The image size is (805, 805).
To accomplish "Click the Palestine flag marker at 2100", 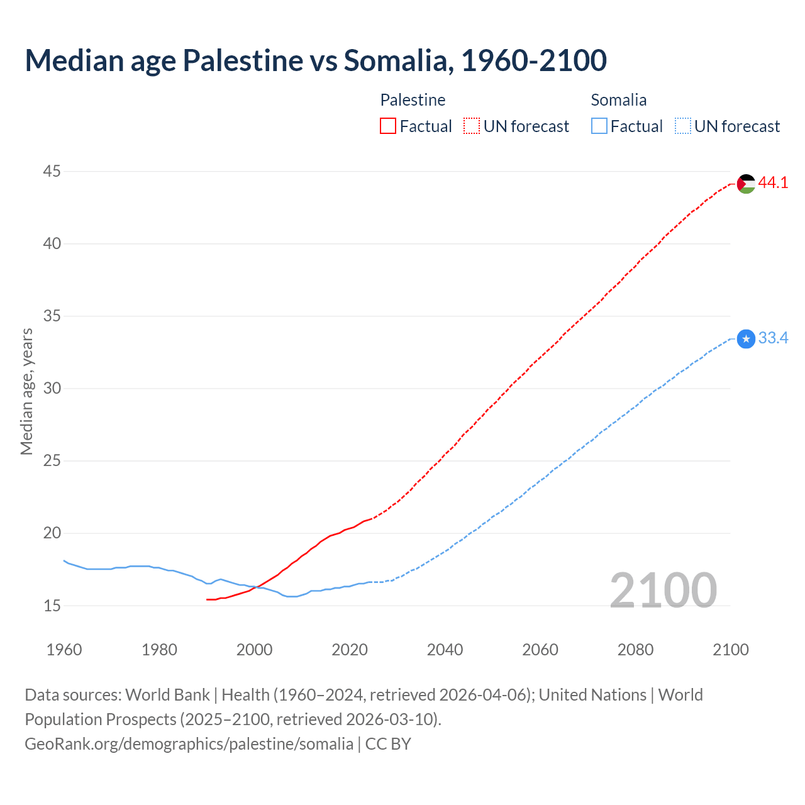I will click(746, 184).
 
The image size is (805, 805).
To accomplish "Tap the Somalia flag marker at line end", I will click(746, 339).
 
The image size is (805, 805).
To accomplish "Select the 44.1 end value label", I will click(773, 182).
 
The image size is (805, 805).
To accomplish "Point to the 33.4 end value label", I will click(773, 338).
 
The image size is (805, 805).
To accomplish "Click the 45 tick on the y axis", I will click(52, 171).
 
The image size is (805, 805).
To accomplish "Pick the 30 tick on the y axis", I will click(52, 388).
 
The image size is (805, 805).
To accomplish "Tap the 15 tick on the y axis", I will click(52, 606).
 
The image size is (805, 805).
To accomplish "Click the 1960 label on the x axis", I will click(64, 650).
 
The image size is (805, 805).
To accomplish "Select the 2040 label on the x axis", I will click(445, 650).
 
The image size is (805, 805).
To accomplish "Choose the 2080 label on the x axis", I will click(635, 650).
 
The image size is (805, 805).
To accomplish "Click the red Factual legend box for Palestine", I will click(388, 126).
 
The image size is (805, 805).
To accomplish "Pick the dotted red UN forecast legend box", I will click(472, 126).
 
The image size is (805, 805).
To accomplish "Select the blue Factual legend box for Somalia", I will click(599, 126).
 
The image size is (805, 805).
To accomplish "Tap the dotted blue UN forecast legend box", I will click(682, 126).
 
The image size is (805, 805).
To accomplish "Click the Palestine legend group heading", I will click(413, 100).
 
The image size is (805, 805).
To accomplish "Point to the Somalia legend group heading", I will click(618, 100).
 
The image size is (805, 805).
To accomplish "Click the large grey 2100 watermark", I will click(663, 591).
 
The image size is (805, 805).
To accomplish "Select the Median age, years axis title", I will click(26, 391).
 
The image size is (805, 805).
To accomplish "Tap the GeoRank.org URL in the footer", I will click(189, 744).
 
